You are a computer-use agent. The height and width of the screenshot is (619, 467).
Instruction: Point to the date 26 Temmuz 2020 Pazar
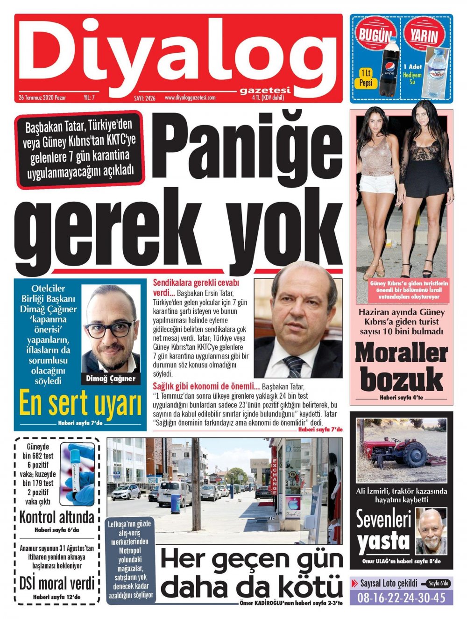pyautogui.click(x=42, y=98)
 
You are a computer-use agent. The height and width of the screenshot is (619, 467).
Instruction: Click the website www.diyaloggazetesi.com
pyautogui.click(x=190, y=98)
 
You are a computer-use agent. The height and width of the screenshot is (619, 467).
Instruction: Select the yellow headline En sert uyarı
pyautogui.click(x=79, y=404)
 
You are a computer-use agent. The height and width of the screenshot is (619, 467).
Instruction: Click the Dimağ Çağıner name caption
pyautogui.click(x=111, y=379)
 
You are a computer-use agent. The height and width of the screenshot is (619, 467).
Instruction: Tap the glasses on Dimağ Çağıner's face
pyautogui.click(x=111, y=329)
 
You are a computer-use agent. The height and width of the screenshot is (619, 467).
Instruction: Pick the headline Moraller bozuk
pyautogui.click(x=401, y=367)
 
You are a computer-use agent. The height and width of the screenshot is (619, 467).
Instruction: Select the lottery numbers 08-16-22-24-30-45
pyautogui.click(x=401, y=598)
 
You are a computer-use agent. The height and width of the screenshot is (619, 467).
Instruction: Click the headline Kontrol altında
pyautogui.click(x=57, y=517)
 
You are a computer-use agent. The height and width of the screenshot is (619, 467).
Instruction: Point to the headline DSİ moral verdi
pyautogui.click(x=57, y=584)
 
